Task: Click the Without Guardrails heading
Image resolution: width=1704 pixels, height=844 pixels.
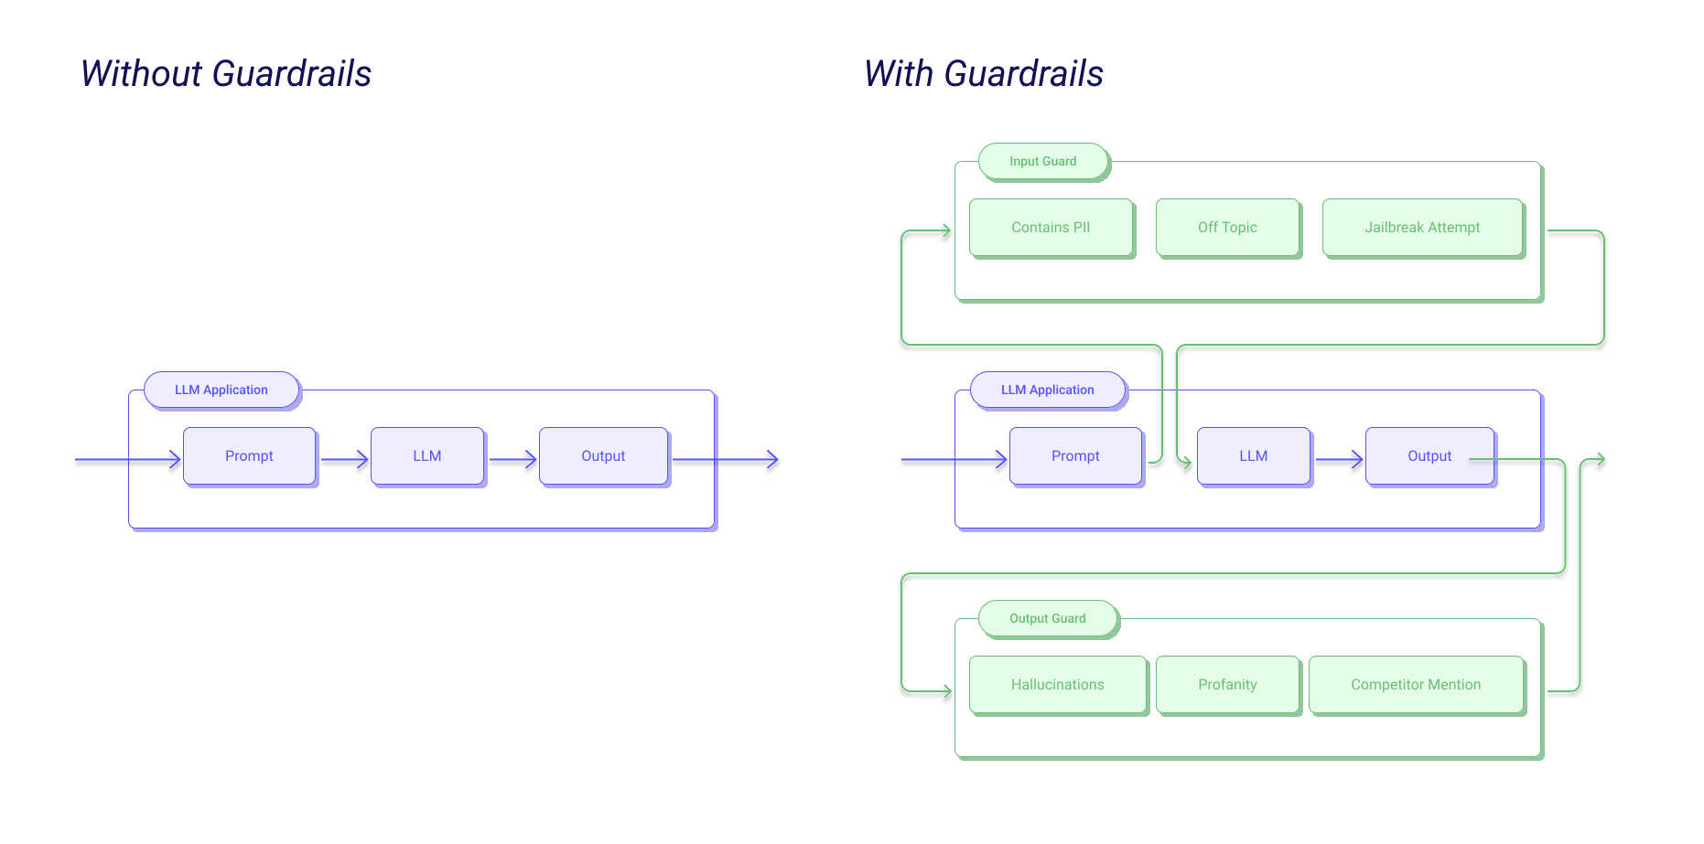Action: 226,73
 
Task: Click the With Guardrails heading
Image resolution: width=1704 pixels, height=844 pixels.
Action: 984,73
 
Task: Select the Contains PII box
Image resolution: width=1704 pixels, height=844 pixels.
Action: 1051,227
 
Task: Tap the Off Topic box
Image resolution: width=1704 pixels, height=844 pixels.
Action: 1227,227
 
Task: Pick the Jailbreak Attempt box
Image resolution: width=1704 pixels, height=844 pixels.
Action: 1422,227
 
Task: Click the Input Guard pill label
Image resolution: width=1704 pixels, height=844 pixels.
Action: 1043,161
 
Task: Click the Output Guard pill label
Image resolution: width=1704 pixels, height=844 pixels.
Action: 1048,618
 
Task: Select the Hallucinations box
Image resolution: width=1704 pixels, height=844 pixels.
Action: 1057,684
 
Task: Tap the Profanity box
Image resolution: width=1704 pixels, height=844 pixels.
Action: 1227,684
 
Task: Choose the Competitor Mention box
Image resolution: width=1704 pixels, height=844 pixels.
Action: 1416,684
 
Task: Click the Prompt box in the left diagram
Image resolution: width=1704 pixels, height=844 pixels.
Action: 249,455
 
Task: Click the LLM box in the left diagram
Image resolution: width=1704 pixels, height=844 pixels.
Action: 426,455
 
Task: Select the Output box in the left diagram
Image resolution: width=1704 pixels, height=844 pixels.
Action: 603,455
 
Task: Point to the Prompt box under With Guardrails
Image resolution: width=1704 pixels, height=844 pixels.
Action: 1075,455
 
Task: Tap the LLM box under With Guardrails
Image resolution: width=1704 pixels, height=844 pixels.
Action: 1253,455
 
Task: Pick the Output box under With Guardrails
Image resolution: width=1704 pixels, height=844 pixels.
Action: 1429,455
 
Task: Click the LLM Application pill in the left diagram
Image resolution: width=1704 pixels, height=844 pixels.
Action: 221,390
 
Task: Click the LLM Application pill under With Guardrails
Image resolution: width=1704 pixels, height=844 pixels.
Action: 1048,390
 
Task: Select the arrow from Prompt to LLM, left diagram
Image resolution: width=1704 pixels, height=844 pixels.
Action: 345,459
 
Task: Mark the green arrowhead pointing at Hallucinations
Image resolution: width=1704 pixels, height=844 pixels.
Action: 947,691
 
